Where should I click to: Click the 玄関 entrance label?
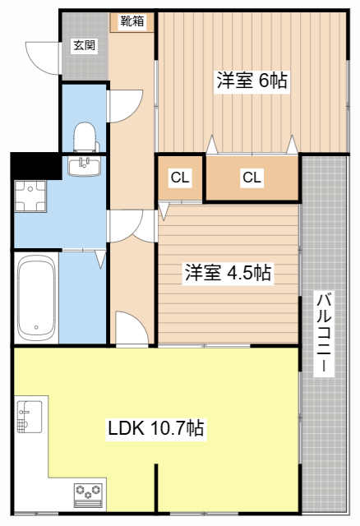(85, 45)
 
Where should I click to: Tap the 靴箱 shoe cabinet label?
(132, 21)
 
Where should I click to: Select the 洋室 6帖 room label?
(252, 81)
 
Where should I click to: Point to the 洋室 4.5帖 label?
(228, 273)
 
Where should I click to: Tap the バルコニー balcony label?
(324, 332)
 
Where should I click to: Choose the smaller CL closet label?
(180, 178)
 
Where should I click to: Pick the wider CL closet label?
(252, 178)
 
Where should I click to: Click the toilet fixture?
(85, 137)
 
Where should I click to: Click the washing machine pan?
(30, 196)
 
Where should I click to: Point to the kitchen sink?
(30, 417)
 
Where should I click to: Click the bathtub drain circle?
(36, 327)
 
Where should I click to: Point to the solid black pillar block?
(36, 166)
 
